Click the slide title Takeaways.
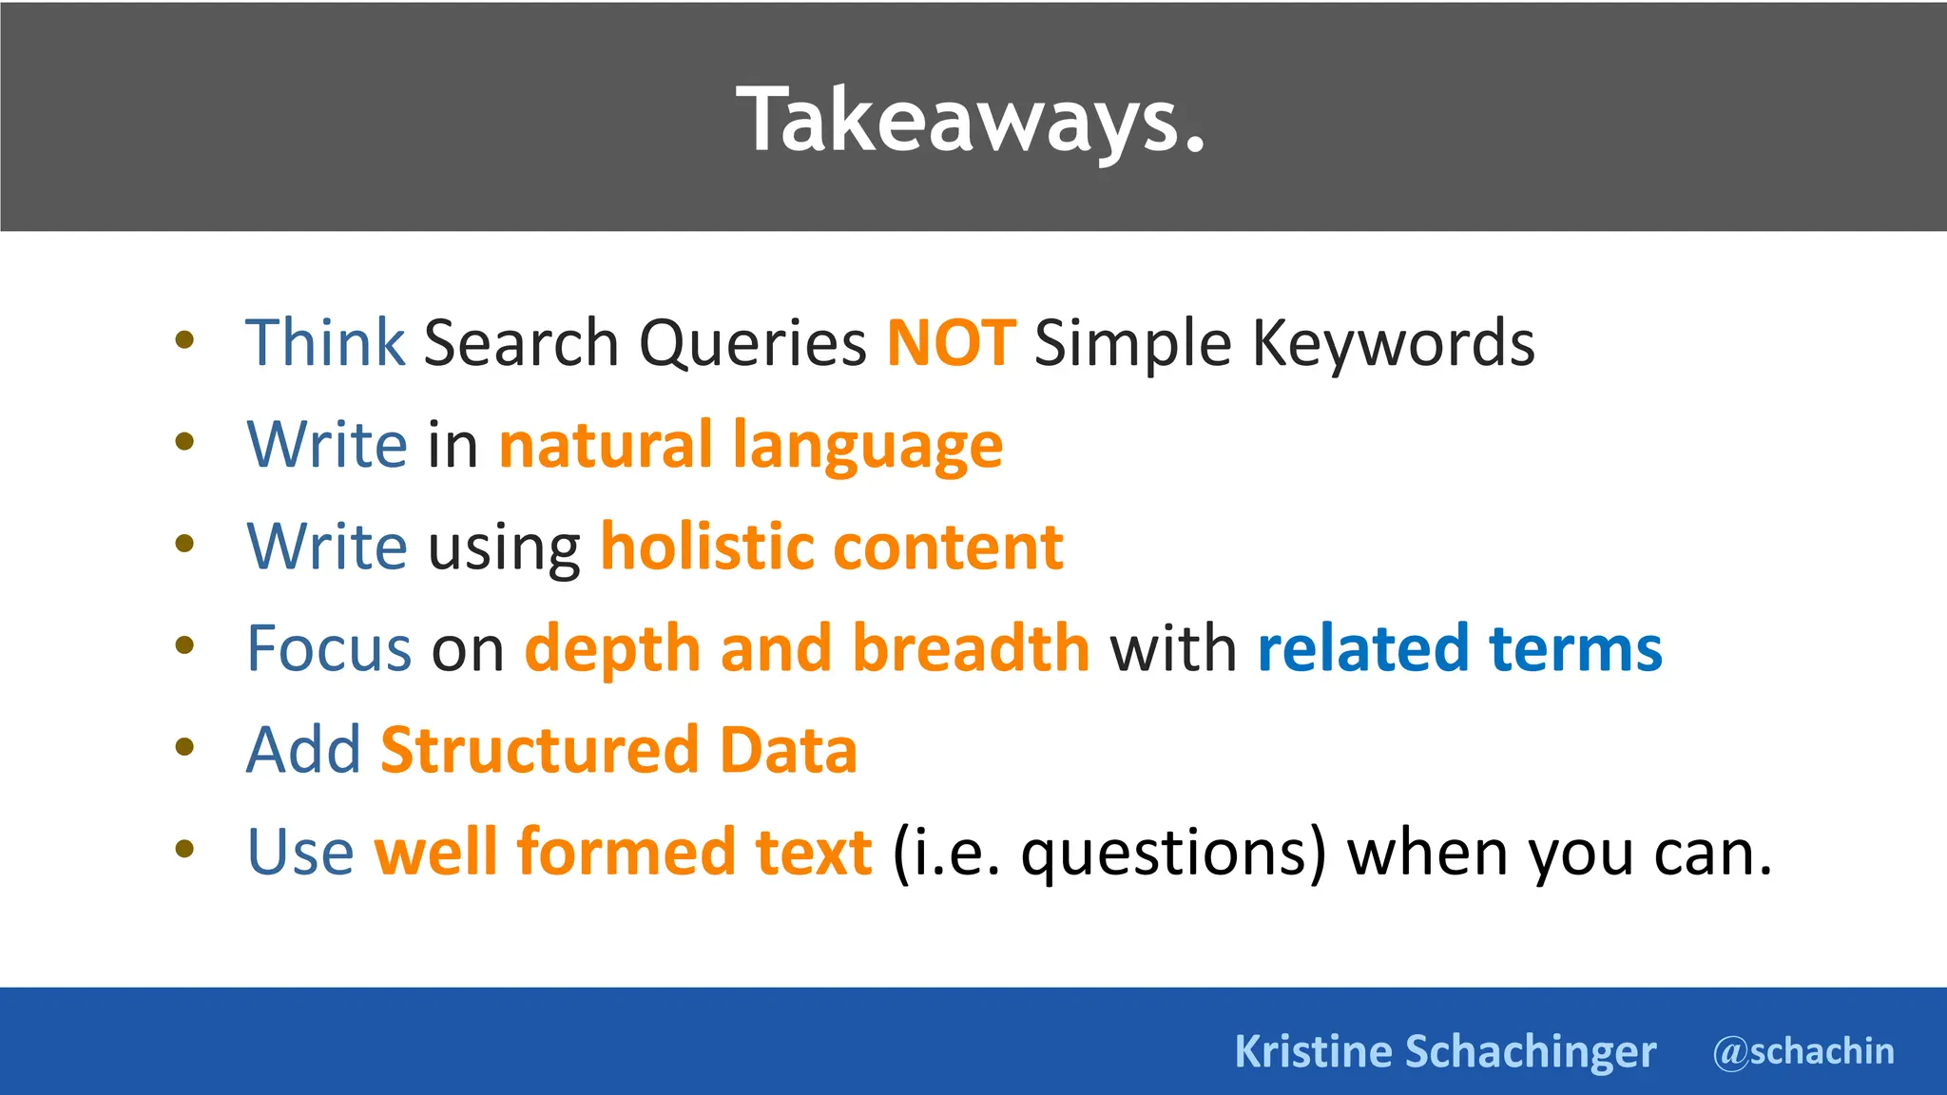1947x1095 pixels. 971,121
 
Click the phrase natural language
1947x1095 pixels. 750,445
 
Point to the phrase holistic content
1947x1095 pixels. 831,547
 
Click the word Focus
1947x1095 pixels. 329,648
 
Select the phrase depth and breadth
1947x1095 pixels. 806,648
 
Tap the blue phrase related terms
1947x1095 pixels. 1459,648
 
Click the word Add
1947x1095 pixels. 303,750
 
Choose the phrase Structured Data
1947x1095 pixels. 618,750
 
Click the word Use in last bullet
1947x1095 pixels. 299,852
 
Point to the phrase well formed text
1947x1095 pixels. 623,852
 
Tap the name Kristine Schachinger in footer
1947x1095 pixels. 1444,1051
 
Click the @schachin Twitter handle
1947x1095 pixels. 1803,1051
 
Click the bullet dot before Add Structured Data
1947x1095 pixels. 184,747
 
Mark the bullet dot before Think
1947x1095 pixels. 184,339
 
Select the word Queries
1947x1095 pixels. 752,344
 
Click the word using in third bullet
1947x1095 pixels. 504,549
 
